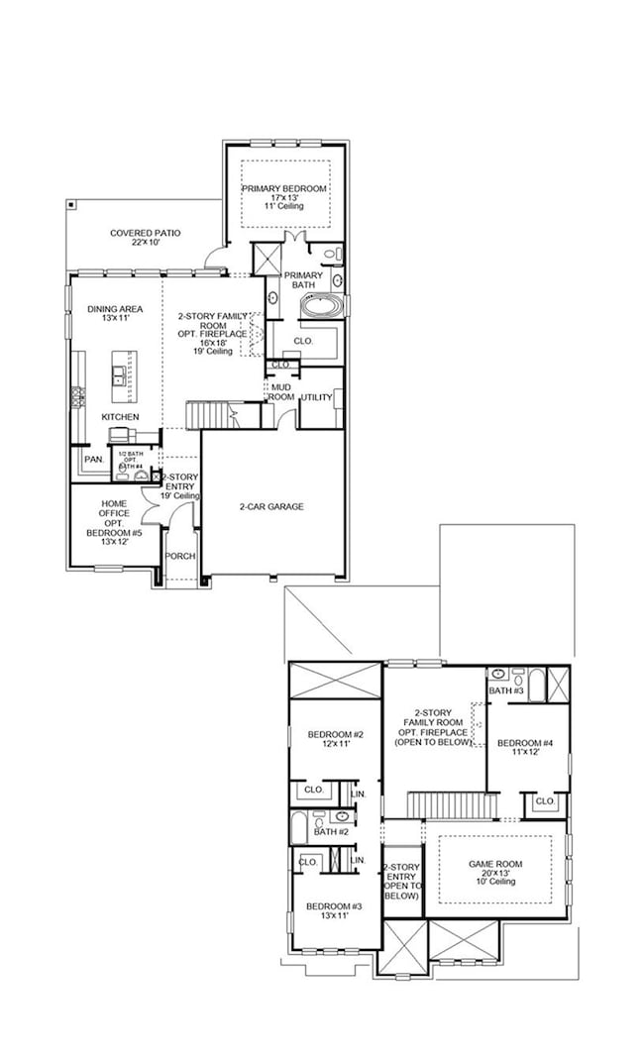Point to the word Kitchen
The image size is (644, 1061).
point(120,417)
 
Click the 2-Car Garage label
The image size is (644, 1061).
point(270,506)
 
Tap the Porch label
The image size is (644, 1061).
point(179,556)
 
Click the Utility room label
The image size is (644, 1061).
point(316,397)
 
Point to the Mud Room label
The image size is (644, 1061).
point(280,391)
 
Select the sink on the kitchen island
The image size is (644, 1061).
point(119,374)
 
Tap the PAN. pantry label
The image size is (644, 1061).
point(94,460)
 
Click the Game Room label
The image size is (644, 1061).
point(494,869)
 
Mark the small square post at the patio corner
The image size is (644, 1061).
point(71,204)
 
